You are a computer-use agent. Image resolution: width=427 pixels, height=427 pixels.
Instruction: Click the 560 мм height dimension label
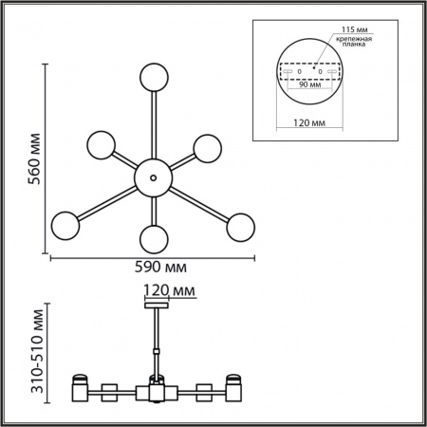tap(34, 159)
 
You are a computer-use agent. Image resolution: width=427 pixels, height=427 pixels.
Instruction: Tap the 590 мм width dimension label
tap(160, 268)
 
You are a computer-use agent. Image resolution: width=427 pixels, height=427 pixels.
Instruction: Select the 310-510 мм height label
tap(37, 351)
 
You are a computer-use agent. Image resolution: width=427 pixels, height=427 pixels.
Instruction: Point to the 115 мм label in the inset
tap(354, 29)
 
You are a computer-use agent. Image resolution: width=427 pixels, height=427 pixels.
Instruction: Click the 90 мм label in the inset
tap(310, 84)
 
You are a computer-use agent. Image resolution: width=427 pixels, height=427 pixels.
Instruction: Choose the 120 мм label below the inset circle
tap(309, 122)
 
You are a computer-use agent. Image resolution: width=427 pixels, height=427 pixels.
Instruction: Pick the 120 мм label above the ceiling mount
tap(169, 290)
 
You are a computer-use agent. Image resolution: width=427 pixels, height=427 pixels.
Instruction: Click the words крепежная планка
tap(354, 42)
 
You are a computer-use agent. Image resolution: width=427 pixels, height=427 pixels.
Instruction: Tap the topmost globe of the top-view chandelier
tap(154, 78)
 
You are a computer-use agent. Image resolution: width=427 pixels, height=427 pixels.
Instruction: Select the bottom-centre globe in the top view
tap(154, 239)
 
